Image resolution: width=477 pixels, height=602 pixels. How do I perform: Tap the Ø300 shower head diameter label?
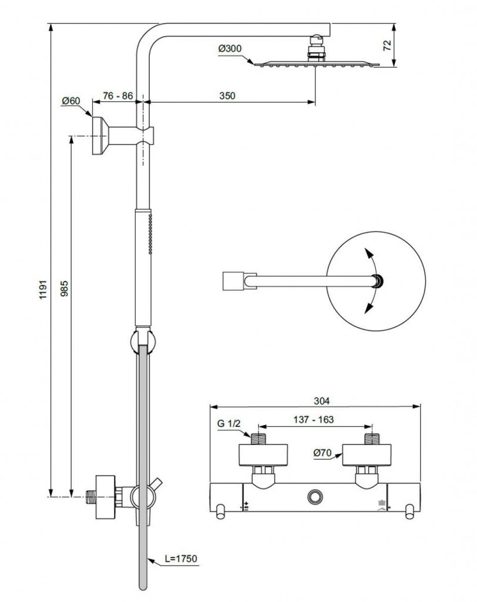click(229, 49)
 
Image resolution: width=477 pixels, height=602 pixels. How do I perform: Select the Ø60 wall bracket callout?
click(71, 101)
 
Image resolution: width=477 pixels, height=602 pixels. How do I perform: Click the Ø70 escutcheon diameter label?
click(323, 453)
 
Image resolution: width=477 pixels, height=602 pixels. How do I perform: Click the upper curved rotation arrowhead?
click(368, 253)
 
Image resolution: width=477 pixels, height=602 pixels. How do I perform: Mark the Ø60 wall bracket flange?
click(98, 135)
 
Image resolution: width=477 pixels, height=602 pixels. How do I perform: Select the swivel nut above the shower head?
click(316, 48)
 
